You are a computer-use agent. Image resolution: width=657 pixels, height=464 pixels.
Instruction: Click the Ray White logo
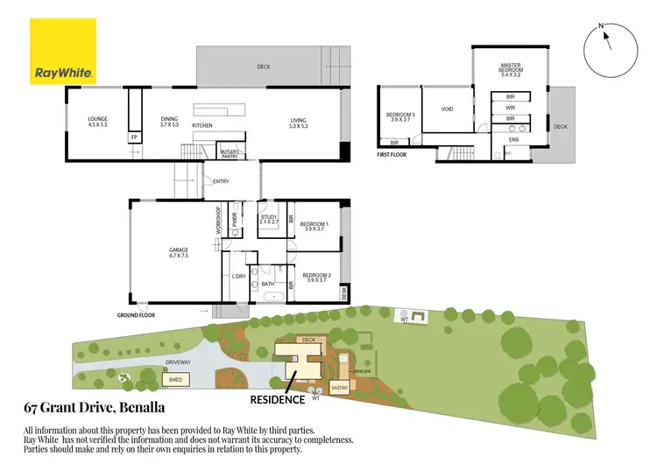(63, 50)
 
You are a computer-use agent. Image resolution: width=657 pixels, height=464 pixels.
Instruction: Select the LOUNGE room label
(97, 121)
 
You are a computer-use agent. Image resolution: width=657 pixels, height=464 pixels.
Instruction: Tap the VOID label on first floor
(447, 109)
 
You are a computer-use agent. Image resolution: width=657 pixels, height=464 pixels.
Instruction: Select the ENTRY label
(221, 181)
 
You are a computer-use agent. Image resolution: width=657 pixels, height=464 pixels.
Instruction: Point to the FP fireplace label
(134, 137)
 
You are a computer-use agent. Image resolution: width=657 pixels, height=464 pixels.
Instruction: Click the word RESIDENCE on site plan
(278, 399)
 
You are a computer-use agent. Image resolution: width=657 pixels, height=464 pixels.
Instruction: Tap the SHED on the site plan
(175, 379)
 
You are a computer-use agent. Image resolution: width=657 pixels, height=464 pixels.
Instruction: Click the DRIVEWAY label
(177, 362)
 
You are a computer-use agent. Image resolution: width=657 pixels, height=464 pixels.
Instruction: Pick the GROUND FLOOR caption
(136, 313)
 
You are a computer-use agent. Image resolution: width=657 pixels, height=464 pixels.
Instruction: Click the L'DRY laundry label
(237, 277)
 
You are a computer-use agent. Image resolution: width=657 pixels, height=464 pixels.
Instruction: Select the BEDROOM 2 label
(315, 277)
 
